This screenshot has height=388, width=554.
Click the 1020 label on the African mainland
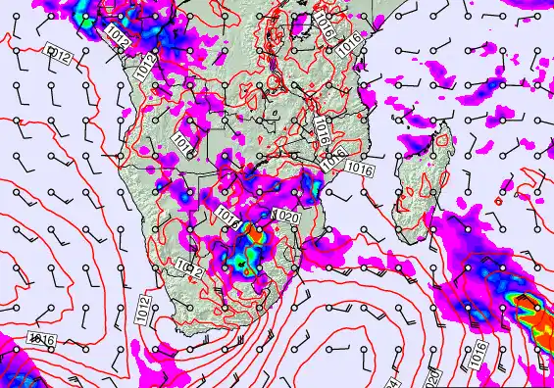pyautogui.click(x=288, y=217)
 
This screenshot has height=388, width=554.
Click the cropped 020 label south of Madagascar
pyautogui.click(x=432, y=378)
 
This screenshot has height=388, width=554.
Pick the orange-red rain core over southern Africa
pyautogui.click(x=257, y=234)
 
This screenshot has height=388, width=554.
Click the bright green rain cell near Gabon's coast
pyautogui.click(x=85, y=19)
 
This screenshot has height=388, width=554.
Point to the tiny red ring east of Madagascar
pyautogui.click(x=498, y=202)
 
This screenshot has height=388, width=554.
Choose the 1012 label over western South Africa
pyautogui.click(x=190, y=267)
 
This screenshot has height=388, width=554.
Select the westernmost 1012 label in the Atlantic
pyautogui.click(x=58, y=55)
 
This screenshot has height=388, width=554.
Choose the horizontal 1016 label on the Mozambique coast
pyautogui.click(x=361, y=170)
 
